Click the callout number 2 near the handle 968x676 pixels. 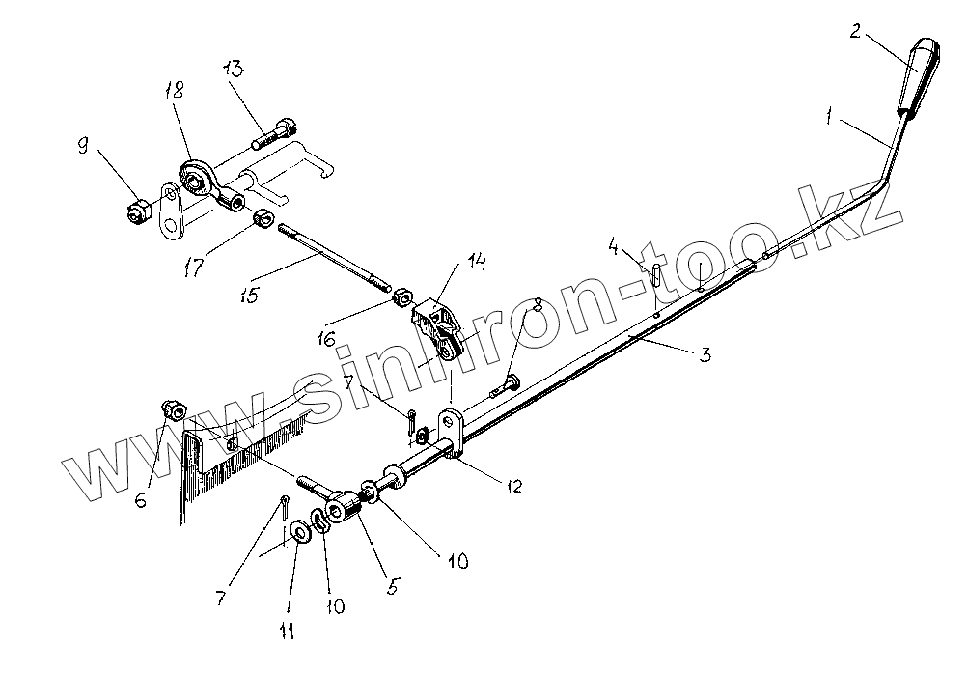(x=855, y=32)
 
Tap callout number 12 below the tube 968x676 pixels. (x=513, y=485)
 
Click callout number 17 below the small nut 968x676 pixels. (x=194, y=268)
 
